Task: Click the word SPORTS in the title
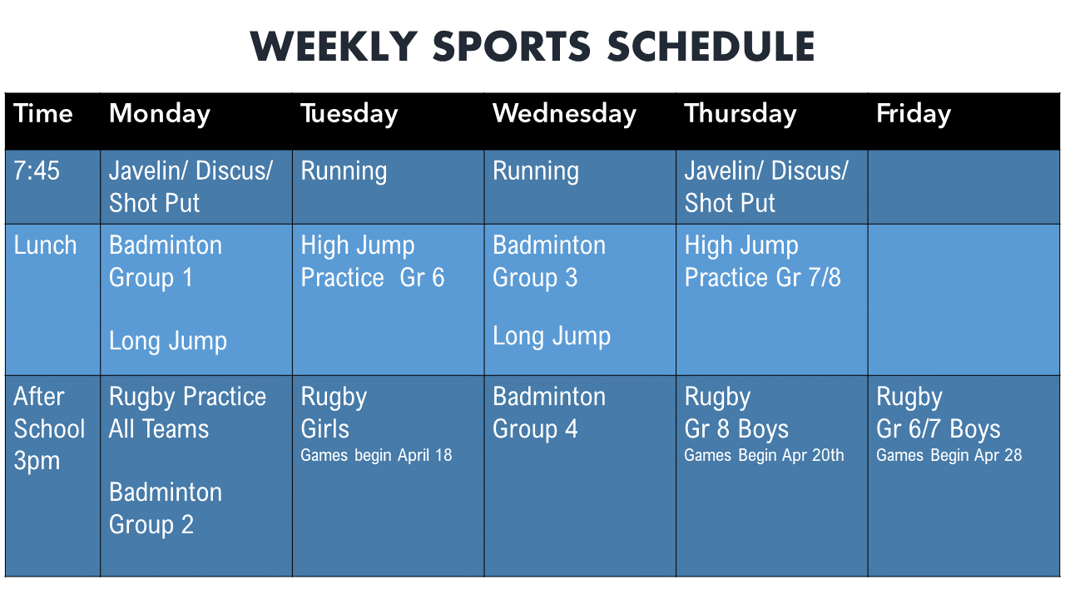511,47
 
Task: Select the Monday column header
160,115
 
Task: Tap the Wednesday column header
564,115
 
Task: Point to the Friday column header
914,115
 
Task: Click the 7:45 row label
37,171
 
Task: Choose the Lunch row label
45,245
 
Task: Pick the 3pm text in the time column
37,462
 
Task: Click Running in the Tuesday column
344,171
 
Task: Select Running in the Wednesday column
536,171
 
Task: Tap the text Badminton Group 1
166,262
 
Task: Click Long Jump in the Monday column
168,342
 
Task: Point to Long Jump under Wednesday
552,337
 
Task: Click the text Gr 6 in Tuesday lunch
422,278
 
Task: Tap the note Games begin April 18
376,455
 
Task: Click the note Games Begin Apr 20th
764,455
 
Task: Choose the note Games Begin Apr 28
949,455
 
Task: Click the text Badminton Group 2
166,508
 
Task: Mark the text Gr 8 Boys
736,428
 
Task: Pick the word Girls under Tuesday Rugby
325,428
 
